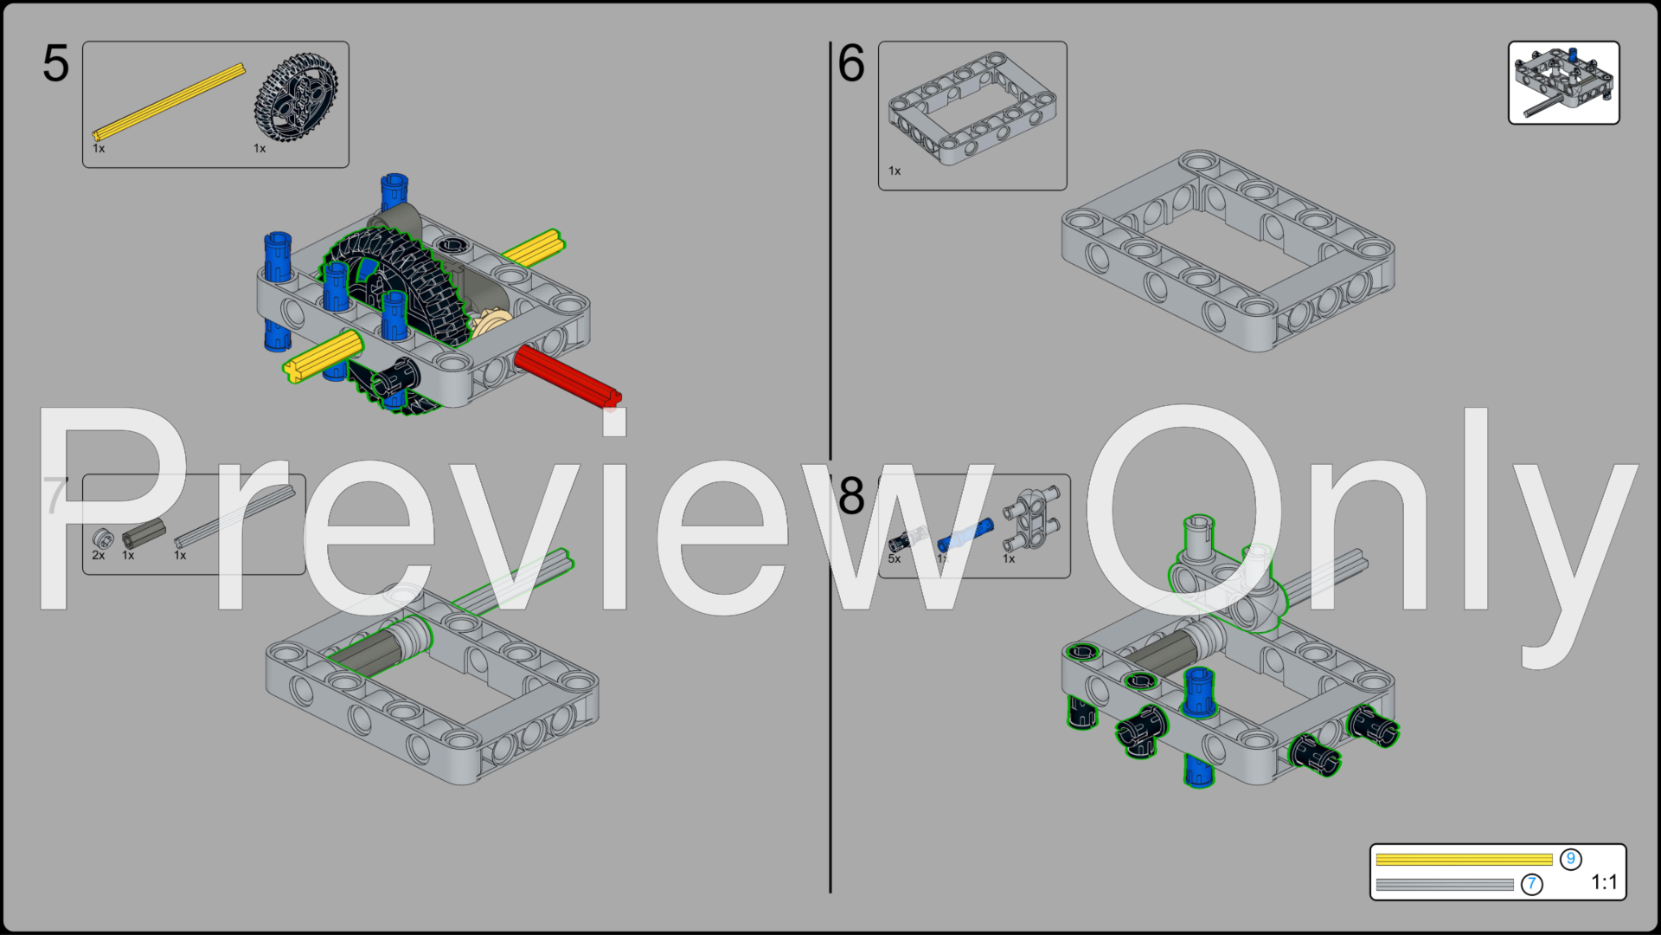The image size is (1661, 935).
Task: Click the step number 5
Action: click(x=55, y=64)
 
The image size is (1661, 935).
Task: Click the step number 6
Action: click(x=851, y=64)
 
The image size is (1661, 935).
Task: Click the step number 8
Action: click(x=851, y=496)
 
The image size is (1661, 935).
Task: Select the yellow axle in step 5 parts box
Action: click(x=170, y=101)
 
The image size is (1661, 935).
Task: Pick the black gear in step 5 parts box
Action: click(x=296, y=97)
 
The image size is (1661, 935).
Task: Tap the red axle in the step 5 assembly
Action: click(x=567, y=375)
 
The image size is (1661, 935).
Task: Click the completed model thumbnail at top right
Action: click(x=1563, y=83)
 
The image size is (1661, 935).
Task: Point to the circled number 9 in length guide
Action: click(x=1571, y=859)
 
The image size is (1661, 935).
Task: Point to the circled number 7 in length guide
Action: click(x=1532, y=884)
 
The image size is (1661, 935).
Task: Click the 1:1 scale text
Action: click(x=1604, y=882)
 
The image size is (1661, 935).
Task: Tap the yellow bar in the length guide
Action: click(x=1464, y=860)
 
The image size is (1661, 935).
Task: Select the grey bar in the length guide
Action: click(x=1445, y=885)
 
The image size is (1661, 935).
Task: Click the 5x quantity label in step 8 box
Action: click(x=894, y=559)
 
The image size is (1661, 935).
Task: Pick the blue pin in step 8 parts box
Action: click(x=965, y=534)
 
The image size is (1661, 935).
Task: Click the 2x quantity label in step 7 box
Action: click(x=98, y=556)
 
